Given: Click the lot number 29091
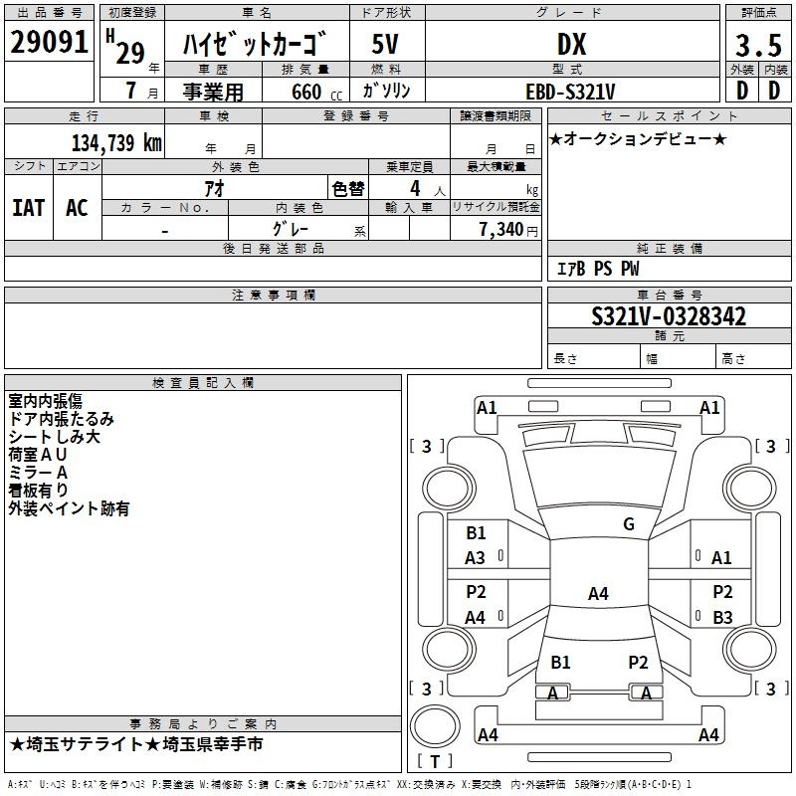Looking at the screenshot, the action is pos(49,42).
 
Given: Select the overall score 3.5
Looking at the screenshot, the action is pos(758,46).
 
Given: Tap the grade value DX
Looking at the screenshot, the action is pos(571,44).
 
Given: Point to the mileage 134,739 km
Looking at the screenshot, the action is pos(116,142).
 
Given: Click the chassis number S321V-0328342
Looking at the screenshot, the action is pos(669,316).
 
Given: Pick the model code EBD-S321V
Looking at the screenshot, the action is pos(570,92).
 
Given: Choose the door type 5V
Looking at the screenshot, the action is pos(385,44).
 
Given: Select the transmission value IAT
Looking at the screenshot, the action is pos(29,208).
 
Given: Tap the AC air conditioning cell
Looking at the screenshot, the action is pos(78,208).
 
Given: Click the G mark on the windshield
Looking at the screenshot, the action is pos(629,524).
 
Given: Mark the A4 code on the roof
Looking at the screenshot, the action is pos(598,593).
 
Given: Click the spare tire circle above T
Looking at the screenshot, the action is pos(435,726).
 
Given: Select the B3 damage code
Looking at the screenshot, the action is pos(722,617).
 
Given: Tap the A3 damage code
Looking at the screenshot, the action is pos(475,558).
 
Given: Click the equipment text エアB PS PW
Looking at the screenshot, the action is pos(598,269).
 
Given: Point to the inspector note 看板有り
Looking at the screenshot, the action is pos(38,491).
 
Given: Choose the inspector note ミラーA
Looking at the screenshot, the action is pos(38,473).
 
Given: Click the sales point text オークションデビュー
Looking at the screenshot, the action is pos(638,139).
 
